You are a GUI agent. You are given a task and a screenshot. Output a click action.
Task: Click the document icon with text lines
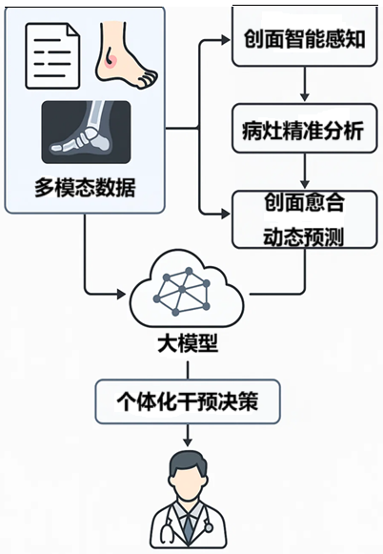52,55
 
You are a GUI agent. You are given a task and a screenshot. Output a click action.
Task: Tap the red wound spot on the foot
111,59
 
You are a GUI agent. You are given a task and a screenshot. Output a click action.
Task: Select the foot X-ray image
86,133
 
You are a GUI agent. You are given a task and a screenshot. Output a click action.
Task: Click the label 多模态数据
85,188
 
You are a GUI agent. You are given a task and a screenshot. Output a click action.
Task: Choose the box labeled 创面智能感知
304,37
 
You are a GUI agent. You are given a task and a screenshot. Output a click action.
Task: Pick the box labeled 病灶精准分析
304,129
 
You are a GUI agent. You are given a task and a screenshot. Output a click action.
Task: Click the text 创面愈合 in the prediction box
304,202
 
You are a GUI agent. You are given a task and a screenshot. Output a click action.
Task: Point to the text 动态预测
303,236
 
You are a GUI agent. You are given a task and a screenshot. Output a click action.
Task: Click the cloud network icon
187,292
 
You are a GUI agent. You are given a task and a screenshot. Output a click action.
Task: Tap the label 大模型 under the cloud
188,343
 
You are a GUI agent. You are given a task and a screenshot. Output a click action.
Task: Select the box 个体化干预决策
188,401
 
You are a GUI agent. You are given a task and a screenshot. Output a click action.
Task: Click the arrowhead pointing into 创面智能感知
225,40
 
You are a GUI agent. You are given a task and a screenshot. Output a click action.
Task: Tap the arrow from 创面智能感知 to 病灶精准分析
305,84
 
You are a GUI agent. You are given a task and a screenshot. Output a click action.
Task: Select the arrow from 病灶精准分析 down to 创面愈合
305,171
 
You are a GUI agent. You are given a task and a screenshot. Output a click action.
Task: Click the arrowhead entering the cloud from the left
121,294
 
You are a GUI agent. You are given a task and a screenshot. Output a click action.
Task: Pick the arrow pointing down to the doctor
188,435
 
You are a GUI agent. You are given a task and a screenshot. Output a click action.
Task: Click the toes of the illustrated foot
148,78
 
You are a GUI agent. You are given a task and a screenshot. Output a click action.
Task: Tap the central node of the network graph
182,290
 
